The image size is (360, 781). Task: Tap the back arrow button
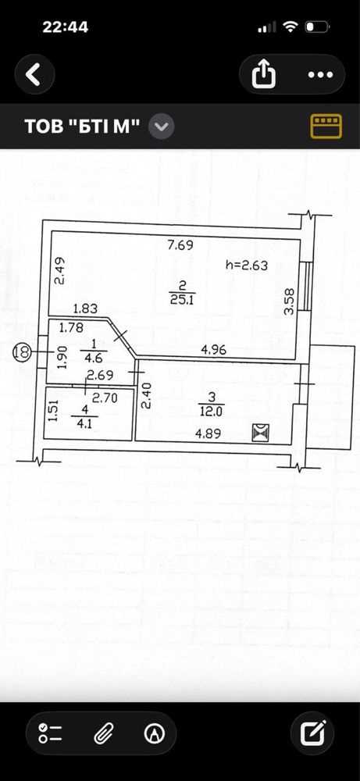coord(34,75)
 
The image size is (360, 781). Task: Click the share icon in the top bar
coord(264,75)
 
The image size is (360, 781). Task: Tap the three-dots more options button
coord(320,75)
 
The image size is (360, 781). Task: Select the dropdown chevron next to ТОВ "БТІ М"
coord(162,127)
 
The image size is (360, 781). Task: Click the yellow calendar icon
coord(326,126)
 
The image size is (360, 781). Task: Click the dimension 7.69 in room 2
coord(180,245)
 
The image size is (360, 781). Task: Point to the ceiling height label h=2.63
coord(247,266)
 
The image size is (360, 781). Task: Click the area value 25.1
coord(181,301)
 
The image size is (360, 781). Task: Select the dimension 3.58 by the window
coord(289,301)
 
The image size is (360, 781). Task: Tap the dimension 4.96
coord(214,350)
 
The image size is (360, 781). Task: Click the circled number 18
coord(22,351)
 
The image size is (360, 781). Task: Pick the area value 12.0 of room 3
coord(212,412)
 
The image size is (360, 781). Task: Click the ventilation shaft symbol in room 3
coord(261,433)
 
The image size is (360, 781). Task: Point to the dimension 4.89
coord(209,433)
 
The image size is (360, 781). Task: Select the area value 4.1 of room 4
coord(78,425)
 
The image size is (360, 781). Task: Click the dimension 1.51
coord(55,412)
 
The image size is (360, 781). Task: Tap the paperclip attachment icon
coord(104,733)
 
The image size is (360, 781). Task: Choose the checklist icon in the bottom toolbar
coord(50,733)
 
